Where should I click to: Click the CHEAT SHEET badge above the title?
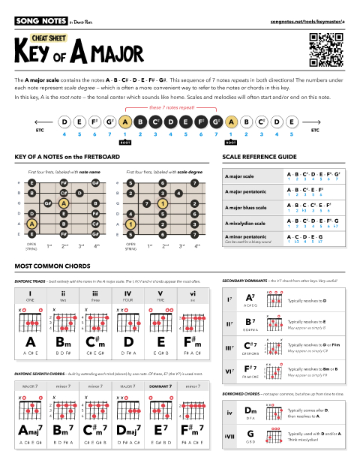click(x=51, y=37)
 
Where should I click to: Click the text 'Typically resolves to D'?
click(x=307, y=300)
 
